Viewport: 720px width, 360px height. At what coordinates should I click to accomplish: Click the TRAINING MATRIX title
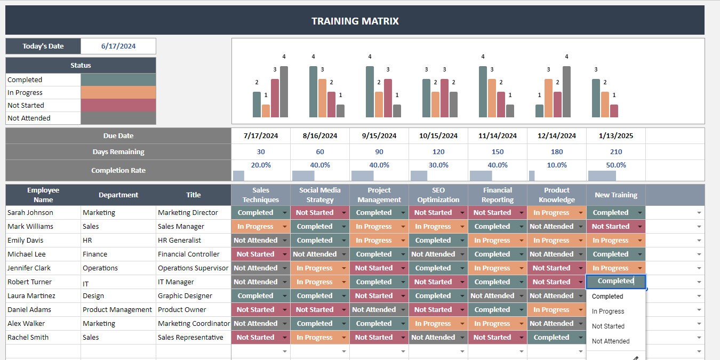pyautogui.click(x=355, y=21)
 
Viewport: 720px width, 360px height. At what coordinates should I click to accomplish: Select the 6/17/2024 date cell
pyautogui.click(x=118, y=46)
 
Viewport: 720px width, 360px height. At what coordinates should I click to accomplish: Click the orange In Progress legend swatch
pyautogui.click(x=118, y=93)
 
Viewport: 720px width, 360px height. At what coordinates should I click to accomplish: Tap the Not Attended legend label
pyautogui.click(x=29, y=118)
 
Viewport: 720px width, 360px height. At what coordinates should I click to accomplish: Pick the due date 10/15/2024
pyautogui.click(x=438, y=135)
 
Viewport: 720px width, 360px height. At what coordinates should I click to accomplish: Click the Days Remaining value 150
pyautogui.click(x=498, y=152)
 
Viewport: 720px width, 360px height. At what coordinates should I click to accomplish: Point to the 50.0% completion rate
pyautogui.click(x=616, y=165)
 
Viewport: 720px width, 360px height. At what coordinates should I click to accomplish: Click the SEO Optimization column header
pyautogui.click(x=438, y=195)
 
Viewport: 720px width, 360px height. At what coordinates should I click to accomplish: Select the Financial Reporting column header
pyautogui.click(x=498, y=195)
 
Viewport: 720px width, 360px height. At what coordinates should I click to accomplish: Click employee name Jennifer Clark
pyautogui.click(x=29, y=268)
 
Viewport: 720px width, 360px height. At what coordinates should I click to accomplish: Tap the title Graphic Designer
pyautogui.click(x=185, y=296)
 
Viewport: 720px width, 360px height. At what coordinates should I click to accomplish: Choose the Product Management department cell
pyautogui.click(x=117, y=310)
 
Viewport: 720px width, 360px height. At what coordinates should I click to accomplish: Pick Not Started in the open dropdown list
pyautogui.click(x=608, y=326)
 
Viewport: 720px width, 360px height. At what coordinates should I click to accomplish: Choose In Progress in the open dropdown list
pyautogui.click(x=608, y=311)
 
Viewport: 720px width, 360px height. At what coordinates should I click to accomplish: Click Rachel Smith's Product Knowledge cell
pyautogui.click(x=551, y=338)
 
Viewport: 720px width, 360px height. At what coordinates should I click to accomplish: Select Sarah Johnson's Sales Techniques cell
pyautogui.click(x=255, y=213)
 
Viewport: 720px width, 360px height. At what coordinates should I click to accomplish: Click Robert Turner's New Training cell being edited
pyautogui.click(x=615, y=281)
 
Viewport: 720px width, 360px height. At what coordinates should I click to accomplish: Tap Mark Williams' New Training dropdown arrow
pyautogui.click(x=639, y=227)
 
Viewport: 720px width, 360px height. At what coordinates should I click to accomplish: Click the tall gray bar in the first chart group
pyautogui.click(x=284, y=92)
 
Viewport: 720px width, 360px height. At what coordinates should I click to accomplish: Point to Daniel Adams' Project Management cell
pyautogui.click(x=374, y=310)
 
